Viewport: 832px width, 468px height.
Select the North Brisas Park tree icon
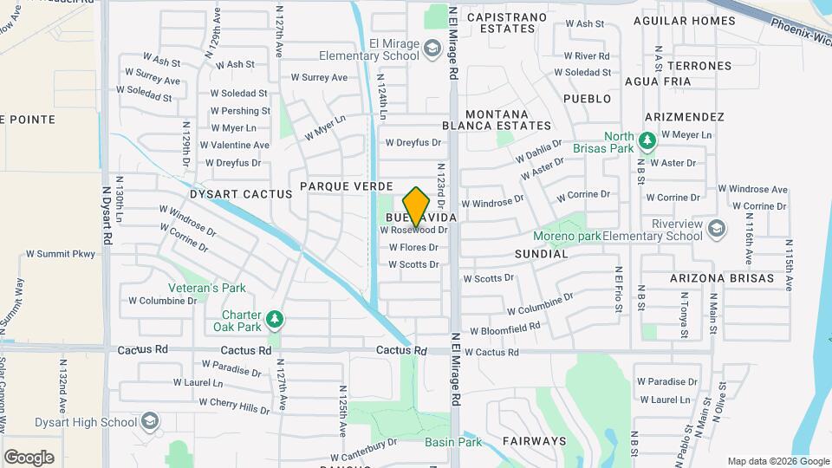[646, 140]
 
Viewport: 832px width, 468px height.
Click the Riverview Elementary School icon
[716, 229]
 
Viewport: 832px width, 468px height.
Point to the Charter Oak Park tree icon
[275, 320]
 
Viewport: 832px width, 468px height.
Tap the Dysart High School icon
[150, 421]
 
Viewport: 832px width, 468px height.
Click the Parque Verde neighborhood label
[347, 186]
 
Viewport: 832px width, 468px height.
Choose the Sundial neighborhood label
[541, 254]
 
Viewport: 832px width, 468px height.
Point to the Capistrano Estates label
[507, 23]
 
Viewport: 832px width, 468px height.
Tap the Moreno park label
[567, 235]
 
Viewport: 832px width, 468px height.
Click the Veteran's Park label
[207, 288]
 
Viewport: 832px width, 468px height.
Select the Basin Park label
[453, 442]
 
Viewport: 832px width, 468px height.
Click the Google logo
[29, 457]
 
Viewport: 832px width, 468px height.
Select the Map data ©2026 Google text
[777, 461]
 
